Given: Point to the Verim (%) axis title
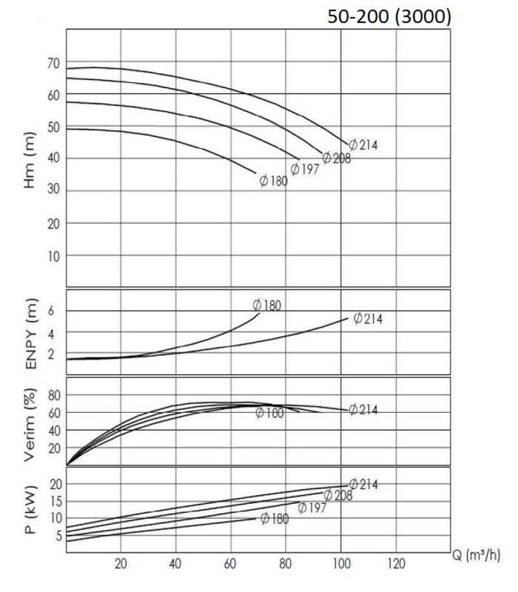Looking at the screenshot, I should coord(31,425).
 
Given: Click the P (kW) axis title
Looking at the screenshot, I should coord(31,510).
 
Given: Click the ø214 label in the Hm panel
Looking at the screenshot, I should coord(363,144).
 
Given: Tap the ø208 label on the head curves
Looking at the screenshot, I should coord(336,158).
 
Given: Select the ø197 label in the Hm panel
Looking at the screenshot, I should coord(305,169).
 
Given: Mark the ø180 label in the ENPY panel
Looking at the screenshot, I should coord(267,305).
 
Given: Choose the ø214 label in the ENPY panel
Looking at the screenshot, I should coord(368,318).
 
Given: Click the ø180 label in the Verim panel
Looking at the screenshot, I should coord(270,413).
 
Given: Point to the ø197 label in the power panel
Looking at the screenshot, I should coord(312,507).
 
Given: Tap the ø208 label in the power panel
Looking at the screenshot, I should coord(338,496).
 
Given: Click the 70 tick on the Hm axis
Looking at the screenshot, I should coord(54,62).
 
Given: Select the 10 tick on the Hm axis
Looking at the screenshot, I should coord(54,255).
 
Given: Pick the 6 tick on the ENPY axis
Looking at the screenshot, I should coord(58,311).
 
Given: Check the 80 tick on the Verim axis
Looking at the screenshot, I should coord(54,394).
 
